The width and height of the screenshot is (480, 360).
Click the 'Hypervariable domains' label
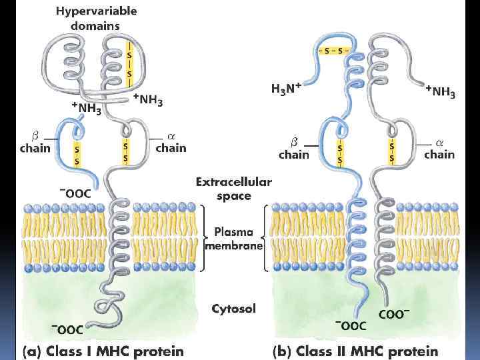(x=97, y=19)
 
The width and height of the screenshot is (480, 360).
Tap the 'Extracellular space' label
(x=233, y=189)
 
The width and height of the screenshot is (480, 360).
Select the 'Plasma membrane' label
(x=233, y=239)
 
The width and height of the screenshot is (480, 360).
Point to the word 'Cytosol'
(x=233, y=309)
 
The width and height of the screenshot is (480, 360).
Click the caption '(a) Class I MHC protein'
(x=103, y=350)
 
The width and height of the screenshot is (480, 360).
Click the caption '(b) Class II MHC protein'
(x=355, y=350)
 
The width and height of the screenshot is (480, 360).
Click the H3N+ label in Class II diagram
(x=287, y=88)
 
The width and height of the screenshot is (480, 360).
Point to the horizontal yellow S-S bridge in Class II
(x=333, y=50)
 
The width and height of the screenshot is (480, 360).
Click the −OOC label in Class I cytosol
(x=67, y=328)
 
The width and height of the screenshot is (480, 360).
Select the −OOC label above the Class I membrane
(x=75, y=193)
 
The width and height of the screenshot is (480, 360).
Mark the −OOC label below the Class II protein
(x=351, y=325)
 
